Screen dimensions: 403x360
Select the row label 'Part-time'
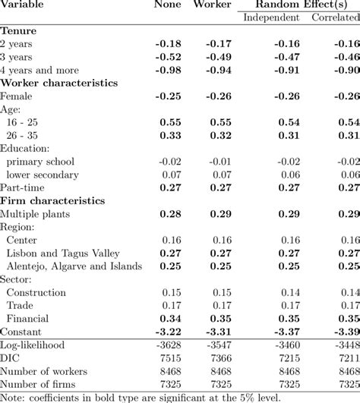pos(22,187)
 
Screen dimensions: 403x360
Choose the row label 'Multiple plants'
pos(35,214)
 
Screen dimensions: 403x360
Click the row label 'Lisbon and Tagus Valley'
pos(62,252)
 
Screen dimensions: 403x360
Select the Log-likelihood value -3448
pos(346,345)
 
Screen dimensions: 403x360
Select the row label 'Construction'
pos(36,292)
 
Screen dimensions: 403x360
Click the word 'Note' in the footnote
pos(12,397)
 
